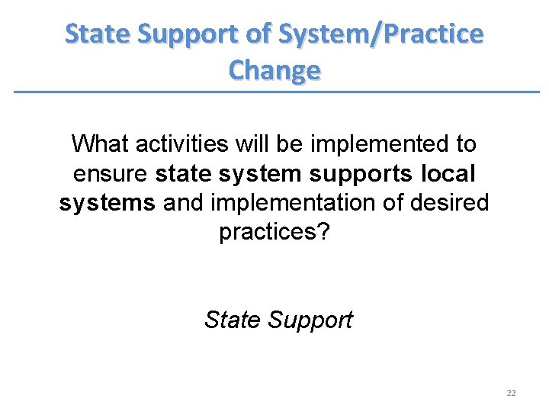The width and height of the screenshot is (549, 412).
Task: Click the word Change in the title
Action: (274, 70)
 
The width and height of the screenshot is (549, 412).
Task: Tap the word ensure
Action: (111, 174)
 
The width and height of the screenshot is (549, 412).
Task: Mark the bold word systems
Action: (108, 204)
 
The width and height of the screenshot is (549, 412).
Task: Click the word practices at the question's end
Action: (268, 233)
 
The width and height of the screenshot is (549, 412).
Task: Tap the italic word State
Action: (232, 319)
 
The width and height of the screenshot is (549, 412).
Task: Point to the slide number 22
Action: (511, 393)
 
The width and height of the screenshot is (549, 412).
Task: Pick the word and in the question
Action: (182, 204)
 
